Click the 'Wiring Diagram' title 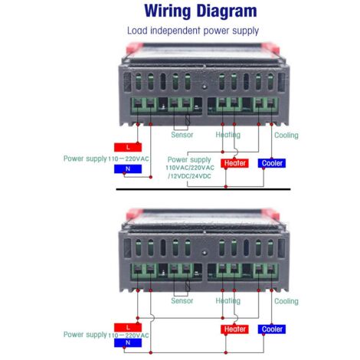pos(201,11)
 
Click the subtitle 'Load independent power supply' pos(193,31)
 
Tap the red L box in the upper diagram pos(128,147)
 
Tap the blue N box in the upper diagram pos(128,169)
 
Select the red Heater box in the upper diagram pos(234,163)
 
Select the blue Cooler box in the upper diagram pos(272,163)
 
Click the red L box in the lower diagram pos(128,327)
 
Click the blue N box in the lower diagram pos(128,342)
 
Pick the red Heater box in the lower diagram pos(234,329)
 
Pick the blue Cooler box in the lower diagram pos(272,329)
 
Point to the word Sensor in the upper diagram pos(182,135)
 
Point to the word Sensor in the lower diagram pos(182,301)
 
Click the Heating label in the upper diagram pos(228,135)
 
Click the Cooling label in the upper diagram pos(286,135)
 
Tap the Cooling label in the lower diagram pos(286,301)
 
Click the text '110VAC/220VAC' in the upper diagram pos(190,168)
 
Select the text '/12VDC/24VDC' pos(189,176)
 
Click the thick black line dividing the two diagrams pos(203,189)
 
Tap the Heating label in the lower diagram pos(228,301)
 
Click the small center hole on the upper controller pos(205,87)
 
